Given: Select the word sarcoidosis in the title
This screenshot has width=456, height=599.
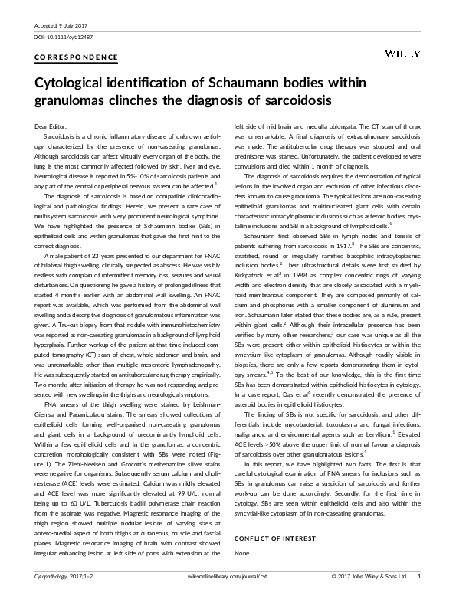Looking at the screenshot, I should [x=292, y=100].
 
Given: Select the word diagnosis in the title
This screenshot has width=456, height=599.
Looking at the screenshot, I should [x=221, y=100].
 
